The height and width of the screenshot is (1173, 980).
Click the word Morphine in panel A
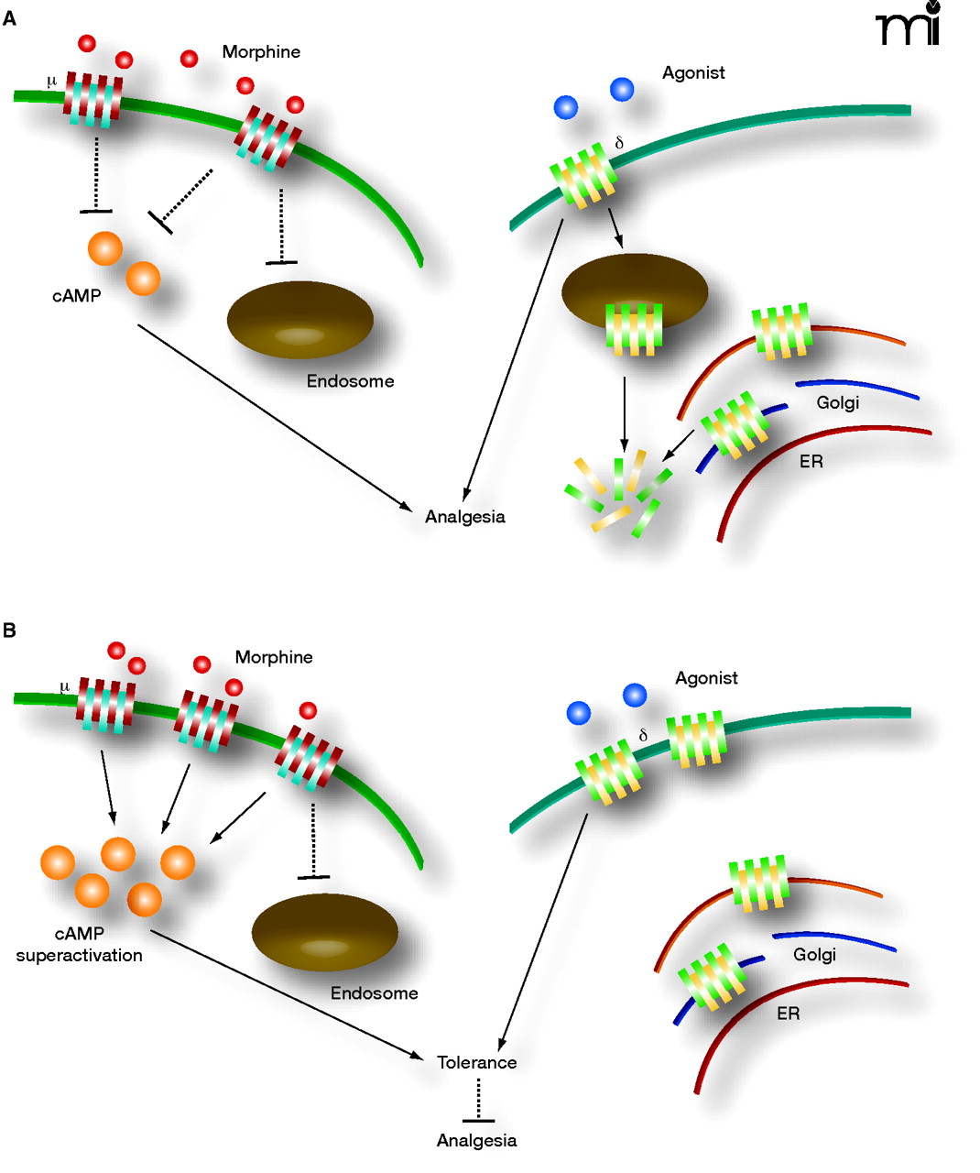[261, 52]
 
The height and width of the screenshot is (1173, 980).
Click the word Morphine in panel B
[274, 657]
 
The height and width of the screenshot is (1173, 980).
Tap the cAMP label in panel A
[76, 296]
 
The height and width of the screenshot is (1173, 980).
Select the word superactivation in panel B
[80, 955]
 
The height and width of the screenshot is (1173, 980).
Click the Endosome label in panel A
[350, 381]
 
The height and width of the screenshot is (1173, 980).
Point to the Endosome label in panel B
[374, 993]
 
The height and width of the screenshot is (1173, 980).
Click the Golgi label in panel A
[837, 402]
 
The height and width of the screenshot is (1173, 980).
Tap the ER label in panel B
[788, 1014]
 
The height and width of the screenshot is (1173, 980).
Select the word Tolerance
[476, 1062]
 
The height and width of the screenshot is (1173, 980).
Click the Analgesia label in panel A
[464, 517]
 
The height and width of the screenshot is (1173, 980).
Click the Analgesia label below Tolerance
[476, 1141]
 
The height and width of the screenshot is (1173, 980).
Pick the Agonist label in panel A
[693, 73]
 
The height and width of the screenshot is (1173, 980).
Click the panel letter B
[10, 630]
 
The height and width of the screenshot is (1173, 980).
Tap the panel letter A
[10, 18]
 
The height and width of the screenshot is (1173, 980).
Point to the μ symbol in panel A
[51, 82]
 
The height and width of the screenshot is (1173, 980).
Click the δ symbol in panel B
[643, 735]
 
